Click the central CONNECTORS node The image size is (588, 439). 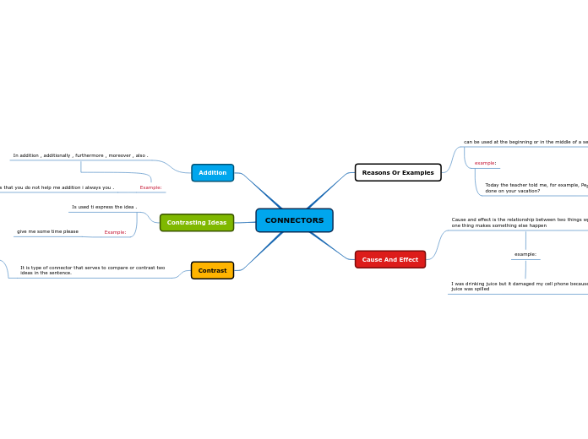pos(294,220)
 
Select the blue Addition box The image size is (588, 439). pos(212,172)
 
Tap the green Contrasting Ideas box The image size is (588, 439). pos(197,222)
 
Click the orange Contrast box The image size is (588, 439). pos(212,270)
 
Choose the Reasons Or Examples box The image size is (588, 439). pos(398,172)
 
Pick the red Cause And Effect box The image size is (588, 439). pos(389,259)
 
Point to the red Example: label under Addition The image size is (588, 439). pos(150,187)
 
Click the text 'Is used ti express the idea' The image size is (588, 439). pos(103,207)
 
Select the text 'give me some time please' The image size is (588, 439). pos(47,231)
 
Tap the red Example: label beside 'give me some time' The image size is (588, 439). pos(115,232)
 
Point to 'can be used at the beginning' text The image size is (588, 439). pos(524,142)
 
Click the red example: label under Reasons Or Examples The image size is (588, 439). pos(485,163)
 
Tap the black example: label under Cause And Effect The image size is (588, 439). pos(525,254)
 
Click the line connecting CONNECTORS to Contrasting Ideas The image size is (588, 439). pos(245,222)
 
